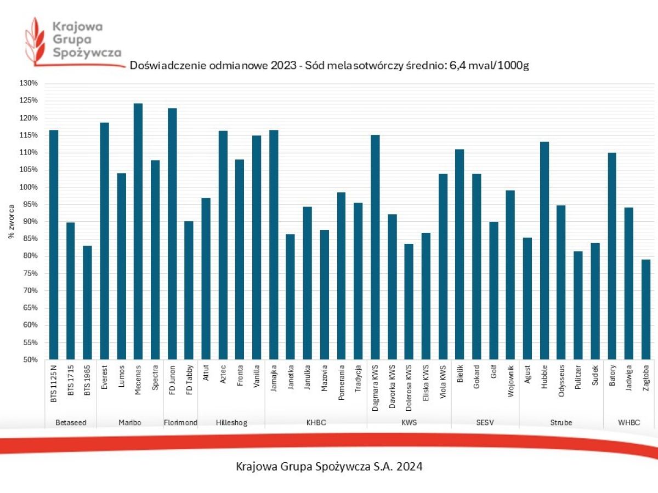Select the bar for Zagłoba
(x=646, y=309)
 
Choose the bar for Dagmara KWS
(x=375, y=247)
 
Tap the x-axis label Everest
(x=104, y=379)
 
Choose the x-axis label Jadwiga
(x=629, y=379)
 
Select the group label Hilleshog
(x=231, y=422)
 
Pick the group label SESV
(x=485, y=422)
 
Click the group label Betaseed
(x=70, y=422)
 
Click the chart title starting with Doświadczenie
(x=329, y=66)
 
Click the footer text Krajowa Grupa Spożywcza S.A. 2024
(x=329, y=467)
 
